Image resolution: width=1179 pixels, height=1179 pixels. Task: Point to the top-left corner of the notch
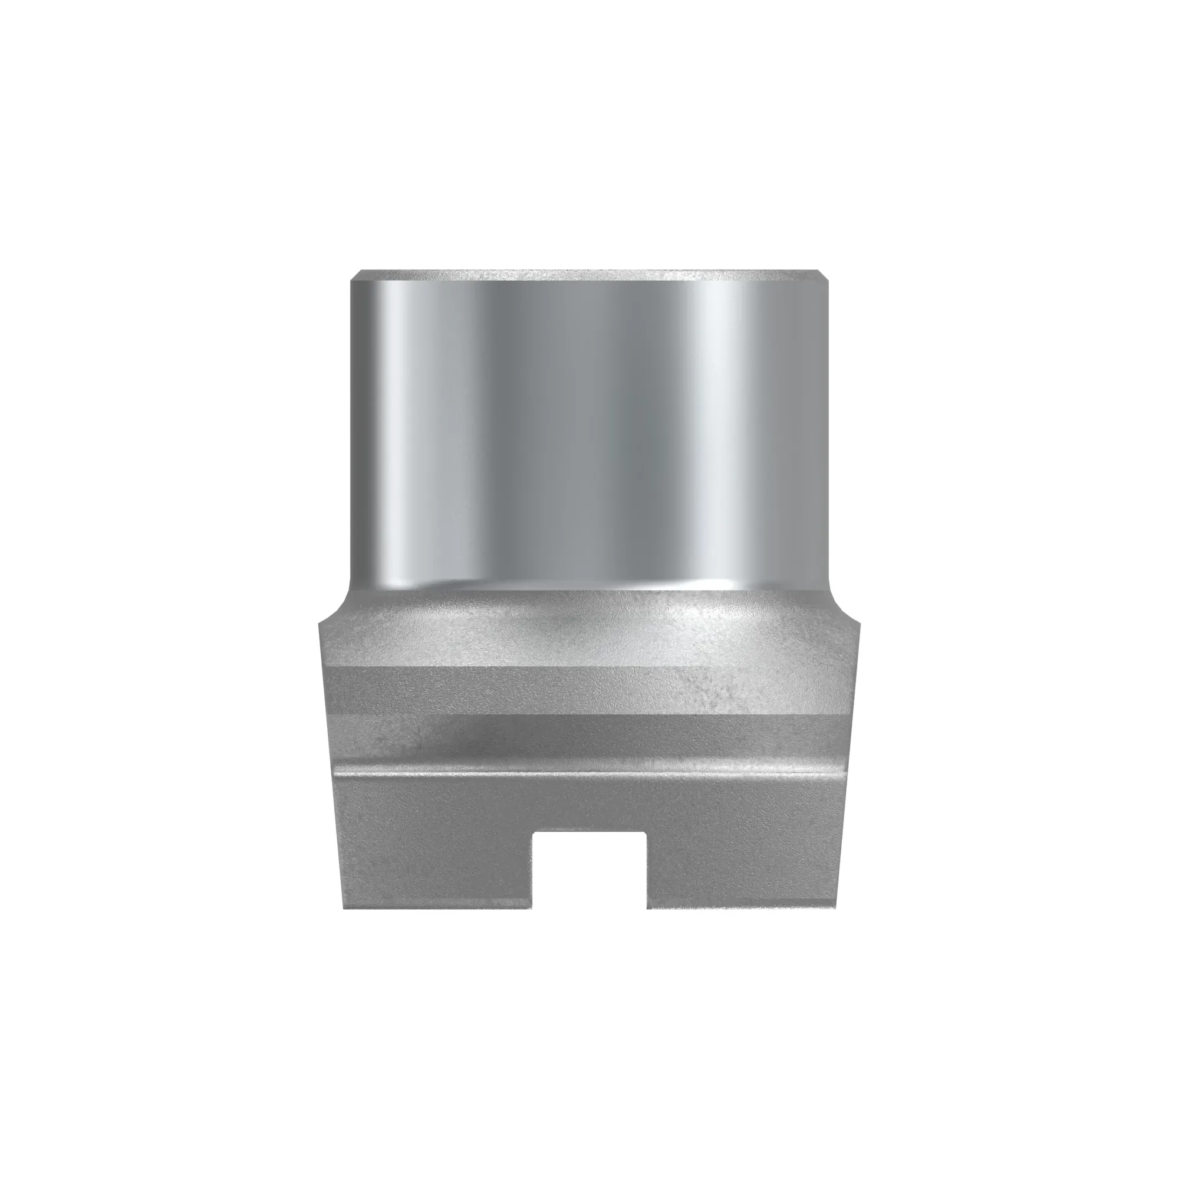point(534,832)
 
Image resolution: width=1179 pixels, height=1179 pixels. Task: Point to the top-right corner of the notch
point(646,832)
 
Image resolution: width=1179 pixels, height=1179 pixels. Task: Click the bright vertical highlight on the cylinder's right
point(720,427)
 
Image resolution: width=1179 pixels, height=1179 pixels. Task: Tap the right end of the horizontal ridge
point(845,770)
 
